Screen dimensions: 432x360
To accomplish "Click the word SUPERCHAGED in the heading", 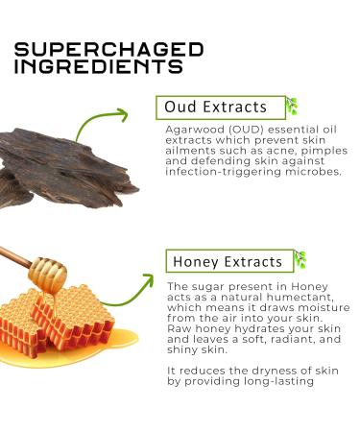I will coord(109,50).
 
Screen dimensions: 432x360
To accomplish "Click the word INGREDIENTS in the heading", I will coord(100,67).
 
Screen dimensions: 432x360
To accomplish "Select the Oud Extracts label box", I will coord(220,107).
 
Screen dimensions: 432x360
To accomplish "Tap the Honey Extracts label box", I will coord(228,261).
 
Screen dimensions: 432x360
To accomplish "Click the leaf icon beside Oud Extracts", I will coord(291,106).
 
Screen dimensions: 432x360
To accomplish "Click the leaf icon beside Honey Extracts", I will coord(300,260).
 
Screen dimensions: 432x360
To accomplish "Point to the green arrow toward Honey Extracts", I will coord(131,287).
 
